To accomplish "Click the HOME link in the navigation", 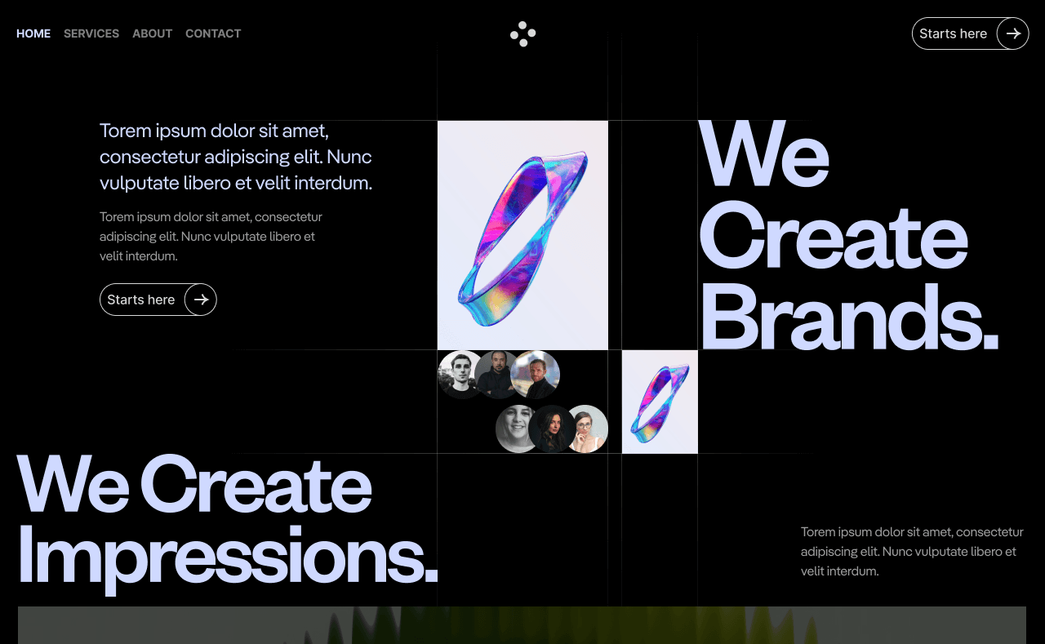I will (x=33, y=33).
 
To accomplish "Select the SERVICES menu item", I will (x=91, y=33).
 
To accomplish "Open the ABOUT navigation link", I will (x=152, y=33).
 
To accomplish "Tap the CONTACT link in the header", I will (x=213, y=33).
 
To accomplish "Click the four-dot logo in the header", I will (x=522, y=33).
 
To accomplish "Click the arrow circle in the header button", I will (x=1012, y=33).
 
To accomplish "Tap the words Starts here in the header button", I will (x=953, y=33).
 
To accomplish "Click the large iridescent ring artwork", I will (x=522, y=235).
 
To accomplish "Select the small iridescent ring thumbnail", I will (x=660, y=402).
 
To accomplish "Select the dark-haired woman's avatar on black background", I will (x=552, y=429).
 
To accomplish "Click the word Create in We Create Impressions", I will (x=256, y=486).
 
